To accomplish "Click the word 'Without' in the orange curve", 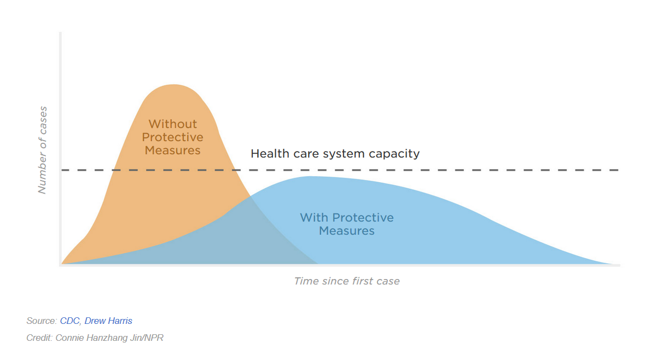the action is click(173, 124).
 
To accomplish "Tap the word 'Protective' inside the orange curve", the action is click(172, 137).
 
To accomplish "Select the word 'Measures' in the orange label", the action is click(172, 150).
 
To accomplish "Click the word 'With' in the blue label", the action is click(314, 217).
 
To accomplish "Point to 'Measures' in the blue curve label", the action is click(346, 230).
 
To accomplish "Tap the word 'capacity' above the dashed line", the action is click(394, 154).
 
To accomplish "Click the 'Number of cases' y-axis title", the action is click(43, 150).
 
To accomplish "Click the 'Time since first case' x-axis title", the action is click(347, 281).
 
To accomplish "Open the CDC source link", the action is click(70, 321).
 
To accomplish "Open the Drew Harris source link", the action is click(108, 321).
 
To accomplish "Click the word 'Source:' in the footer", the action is click(42, 321).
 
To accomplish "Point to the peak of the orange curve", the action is click(174, 84).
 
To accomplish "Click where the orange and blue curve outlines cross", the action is click(250, 196).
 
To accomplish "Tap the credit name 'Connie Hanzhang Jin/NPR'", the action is click(109, 338).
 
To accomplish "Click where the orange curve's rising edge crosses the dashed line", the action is click(113, 170).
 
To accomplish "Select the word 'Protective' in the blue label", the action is click(363, 217).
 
